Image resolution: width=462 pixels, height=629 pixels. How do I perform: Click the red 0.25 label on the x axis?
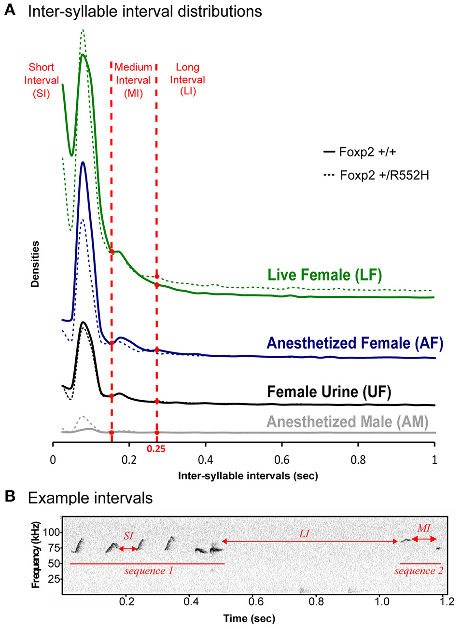tap(156, 449)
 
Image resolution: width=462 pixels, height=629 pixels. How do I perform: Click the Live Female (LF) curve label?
tap(324, 275)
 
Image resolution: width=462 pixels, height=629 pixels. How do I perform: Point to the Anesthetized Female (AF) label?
tap(354, 343)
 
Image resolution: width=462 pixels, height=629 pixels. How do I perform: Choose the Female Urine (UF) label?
tap(329, 391)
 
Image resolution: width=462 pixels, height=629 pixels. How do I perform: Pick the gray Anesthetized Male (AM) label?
tap(347, 422)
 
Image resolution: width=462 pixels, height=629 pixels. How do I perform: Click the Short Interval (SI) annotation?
tap(41, 80)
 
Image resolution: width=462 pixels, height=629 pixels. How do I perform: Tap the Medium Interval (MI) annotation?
tap(133, 80)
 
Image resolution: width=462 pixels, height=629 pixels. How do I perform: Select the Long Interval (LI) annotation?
tap(187, 79)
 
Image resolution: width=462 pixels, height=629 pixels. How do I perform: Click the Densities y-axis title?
tap(35, 264)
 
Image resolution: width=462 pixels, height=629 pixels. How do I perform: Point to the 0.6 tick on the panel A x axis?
tap(281, 460)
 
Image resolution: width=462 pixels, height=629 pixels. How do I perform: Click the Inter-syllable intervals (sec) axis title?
tap(248, 476)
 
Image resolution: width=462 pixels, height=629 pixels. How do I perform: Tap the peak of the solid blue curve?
tap(83, 163)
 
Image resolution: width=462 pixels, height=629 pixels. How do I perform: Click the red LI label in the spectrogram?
tap(304, 533)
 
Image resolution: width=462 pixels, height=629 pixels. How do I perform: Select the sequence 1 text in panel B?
tap(148, 571)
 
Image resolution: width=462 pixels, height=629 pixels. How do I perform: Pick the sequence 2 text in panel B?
tap(418, 571)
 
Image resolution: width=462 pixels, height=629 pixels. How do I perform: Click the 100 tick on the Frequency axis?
tap(52, 532)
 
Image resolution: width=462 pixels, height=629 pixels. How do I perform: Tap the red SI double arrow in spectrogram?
tap(128, 549)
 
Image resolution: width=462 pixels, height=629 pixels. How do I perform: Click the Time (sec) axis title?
tap(249, 618)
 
